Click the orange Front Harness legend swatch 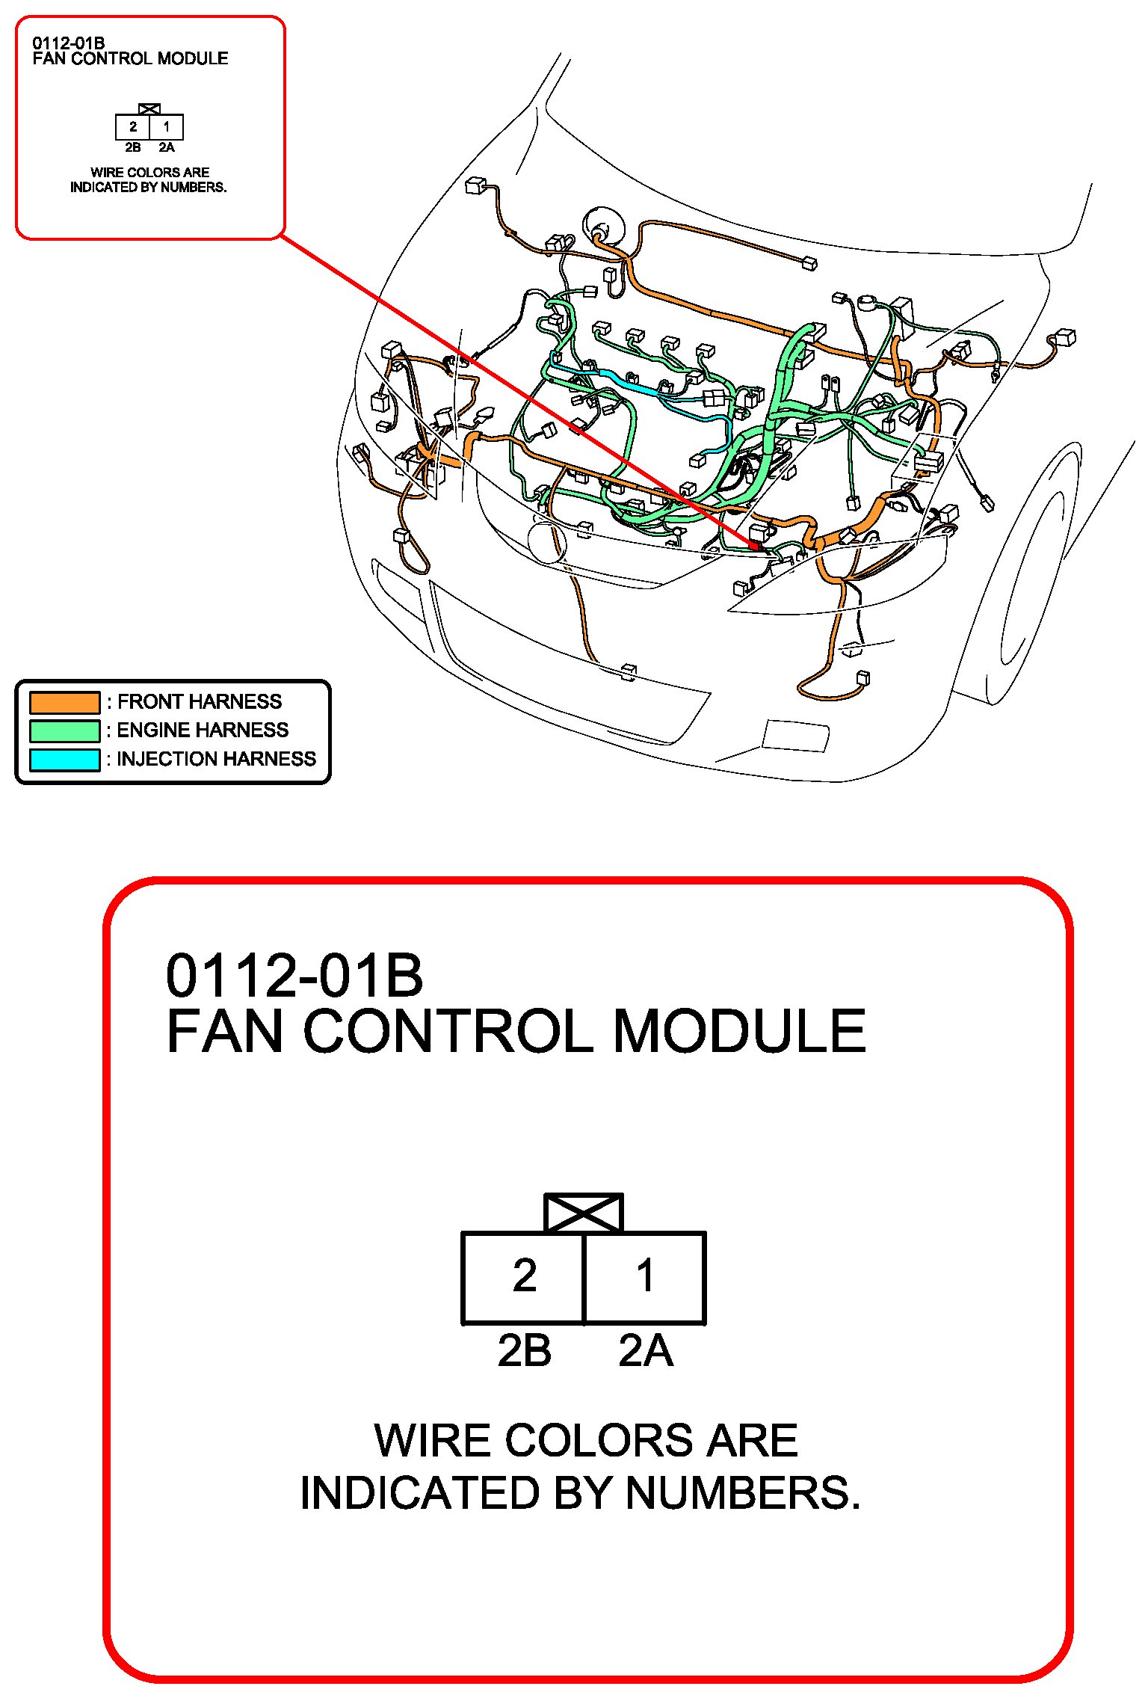pos(64,702)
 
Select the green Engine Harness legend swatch pos(64,730)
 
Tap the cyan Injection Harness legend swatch pos(64,760)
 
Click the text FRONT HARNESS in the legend pos(200,702)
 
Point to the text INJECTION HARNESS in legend pos(217,760)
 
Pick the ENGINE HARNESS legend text pos(203,730)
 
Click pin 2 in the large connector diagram pos(523,1277)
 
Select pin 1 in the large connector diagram pos(645,1277)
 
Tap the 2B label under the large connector pos(525,1352)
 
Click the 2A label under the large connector pos(646,1352)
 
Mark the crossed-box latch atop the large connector pos(584,1213)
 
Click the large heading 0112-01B pos(294,976)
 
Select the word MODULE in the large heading pos(739,1032)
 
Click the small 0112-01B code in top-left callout pos(69,43)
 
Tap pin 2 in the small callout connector pos(133,127)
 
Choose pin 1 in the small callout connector pos(167,127)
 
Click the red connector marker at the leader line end pos(754,546)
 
